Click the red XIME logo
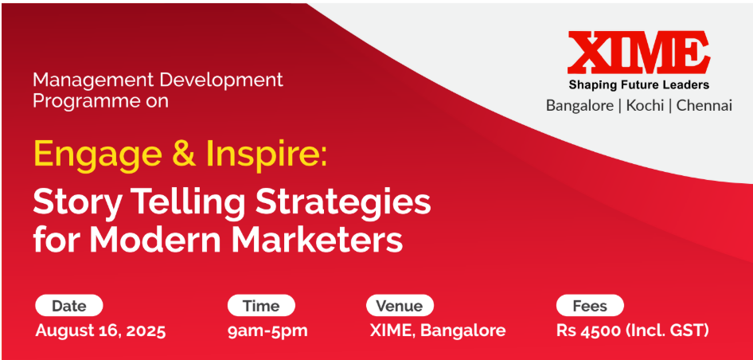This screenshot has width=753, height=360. point(638,52)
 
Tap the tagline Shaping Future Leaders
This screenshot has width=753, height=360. point(638,85)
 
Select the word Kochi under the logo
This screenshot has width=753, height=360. point(645,106)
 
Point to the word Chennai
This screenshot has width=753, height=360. point(704,106)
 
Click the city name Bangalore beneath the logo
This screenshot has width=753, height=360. point(579,106)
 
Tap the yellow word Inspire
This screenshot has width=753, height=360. point(263,155)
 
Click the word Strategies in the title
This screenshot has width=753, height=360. point(343,204)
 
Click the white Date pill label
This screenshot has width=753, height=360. point(69,306)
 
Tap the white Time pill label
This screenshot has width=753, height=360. point(261,306)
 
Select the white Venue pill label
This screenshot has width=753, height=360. point(400,306)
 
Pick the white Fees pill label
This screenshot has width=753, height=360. point(590,306)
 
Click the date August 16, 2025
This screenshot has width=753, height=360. point(101,331)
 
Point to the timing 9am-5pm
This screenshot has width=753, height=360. point(268,331)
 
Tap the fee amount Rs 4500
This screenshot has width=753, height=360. point(589,331)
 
